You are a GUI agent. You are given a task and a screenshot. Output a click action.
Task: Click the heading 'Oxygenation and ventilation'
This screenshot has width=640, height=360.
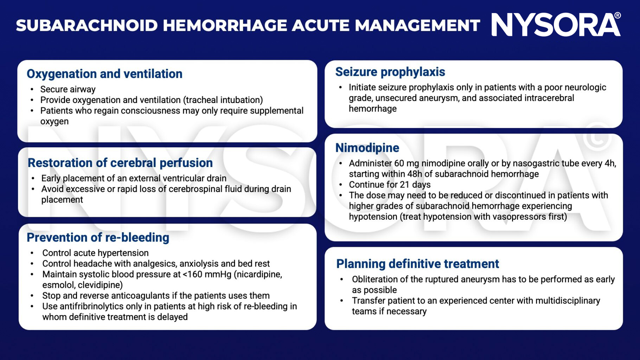point(104,74)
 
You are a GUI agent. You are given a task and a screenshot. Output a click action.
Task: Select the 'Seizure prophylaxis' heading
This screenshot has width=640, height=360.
point(390,72)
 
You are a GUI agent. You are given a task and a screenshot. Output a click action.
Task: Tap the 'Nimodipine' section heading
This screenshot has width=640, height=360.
point(367,148)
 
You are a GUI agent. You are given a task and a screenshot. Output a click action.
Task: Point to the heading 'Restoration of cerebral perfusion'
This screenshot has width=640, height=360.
point(120,163)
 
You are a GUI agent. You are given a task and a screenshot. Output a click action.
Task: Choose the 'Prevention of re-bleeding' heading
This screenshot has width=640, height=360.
point(98,238)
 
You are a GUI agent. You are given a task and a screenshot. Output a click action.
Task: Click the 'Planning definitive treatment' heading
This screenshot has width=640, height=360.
point(417,264)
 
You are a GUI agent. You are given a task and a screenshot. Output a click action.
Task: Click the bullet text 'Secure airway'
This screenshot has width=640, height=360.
point(68,89)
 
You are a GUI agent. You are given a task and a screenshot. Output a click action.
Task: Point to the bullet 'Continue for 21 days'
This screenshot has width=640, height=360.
point(390,185)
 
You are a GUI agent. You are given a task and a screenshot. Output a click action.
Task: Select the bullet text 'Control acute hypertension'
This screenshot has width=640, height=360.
point(95,253)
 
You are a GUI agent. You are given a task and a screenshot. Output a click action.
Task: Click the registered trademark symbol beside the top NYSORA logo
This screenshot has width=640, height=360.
point(617,15)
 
